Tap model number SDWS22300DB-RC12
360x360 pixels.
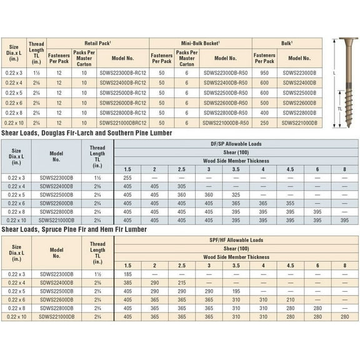(122, 72)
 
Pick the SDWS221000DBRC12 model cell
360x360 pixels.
(122, 123)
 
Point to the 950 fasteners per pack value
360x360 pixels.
(264, 72)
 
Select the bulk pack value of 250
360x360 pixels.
(264, 123)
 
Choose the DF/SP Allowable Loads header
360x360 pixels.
(236, 144)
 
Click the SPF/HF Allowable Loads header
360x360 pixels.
(236, 240)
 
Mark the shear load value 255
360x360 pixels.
(127, 177)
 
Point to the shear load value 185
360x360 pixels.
(127, 274)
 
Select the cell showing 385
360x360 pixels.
(127, 282)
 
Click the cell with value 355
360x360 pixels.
(290, 203)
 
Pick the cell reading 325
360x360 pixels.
(236, 194)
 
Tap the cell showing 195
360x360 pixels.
(236, 291)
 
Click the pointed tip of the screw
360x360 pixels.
(342, 127)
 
